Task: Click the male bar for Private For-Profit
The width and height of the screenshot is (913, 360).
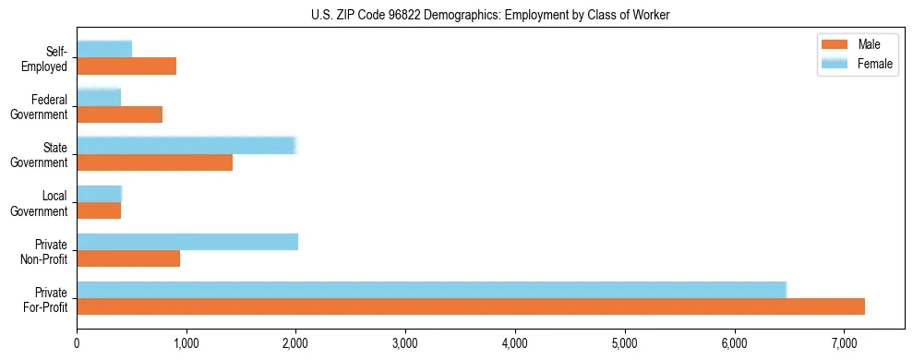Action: click(471, 306)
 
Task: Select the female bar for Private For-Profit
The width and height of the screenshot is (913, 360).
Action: click(431, 290)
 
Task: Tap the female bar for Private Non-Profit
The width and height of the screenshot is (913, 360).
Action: click(187, 242)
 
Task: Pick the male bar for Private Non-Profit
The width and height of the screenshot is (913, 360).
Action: click(128, 258)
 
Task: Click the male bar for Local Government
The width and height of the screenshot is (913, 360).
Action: click(99, 210)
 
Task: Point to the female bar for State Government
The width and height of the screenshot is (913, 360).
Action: click(186, 146)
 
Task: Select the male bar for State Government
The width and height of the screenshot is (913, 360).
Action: click(154, 162)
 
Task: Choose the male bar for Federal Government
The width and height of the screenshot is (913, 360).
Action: click(120, 114)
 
